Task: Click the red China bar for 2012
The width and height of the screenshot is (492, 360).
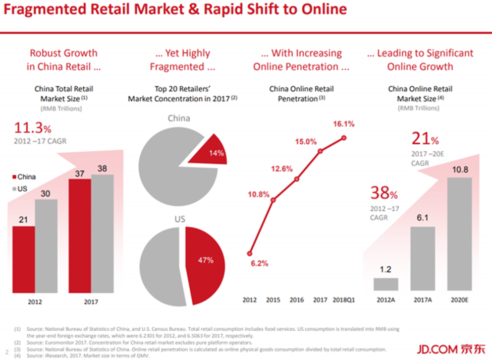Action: tap(24, 260)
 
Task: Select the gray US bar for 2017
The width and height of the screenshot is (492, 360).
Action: tap(102, 234)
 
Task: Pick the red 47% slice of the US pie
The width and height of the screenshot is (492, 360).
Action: tap(204, 265)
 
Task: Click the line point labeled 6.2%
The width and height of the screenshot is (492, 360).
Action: tap(250, 254)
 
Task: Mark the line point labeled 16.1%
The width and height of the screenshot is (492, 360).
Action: tap(344, 138)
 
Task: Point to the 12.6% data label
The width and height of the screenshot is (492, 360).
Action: tap(282, 169)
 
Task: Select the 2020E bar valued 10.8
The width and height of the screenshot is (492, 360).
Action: tap(460, 234)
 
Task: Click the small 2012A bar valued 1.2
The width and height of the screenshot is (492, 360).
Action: tap(386, 284)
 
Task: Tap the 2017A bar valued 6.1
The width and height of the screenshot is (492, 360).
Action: tap(423, 258)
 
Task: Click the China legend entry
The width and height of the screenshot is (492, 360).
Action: tap(24, 177)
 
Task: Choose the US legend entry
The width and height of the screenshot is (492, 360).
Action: tap(20, 189)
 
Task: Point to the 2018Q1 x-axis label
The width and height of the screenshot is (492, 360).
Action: tap(344, 300)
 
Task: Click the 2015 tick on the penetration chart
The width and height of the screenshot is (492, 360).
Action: tap(273, 300)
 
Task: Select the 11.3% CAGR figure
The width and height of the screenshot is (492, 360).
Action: tap(33, 128)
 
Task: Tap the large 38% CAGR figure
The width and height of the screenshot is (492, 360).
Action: tap(384, 193)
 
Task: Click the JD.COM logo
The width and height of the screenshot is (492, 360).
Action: tap(451, 349)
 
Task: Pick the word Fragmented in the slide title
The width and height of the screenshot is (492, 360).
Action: tap(44, 10)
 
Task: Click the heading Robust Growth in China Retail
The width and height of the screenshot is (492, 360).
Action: tap(64, 59)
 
